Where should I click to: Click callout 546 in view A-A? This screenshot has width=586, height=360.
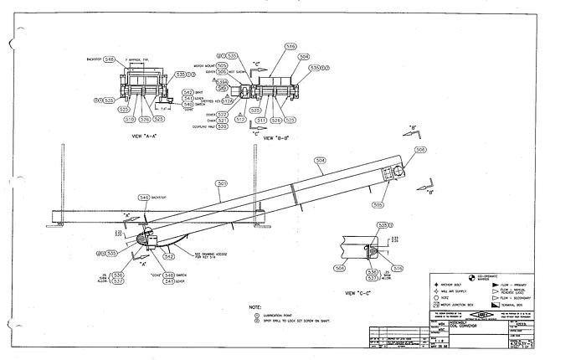109,59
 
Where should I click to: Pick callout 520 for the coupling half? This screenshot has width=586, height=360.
222,126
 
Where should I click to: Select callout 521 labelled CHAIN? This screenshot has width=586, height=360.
222,120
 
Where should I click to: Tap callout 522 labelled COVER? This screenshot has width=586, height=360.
222,113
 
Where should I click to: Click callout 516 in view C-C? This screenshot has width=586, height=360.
398,269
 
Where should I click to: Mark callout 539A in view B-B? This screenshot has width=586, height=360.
223,82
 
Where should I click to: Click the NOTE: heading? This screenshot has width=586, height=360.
255,306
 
